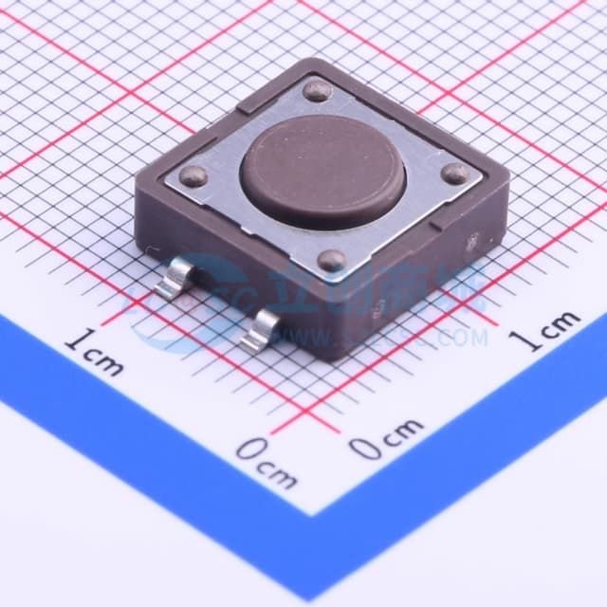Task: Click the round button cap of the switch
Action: (x=323, y=171)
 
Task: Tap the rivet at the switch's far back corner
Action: (x=318, y=91)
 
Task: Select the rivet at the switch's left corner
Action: (x=193, y=175)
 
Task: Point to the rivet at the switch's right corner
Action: (x=455, y=173)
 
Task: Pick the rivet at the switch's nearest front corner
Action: (x=329, y=260)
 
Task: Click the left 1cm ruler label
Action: (x=96, y=352)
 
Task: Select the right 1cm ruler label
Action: (x=544, y=331)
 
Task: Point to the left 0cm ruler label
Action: (x=266, y=461)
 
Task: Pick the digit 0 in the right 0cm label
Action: (x=364, y=447)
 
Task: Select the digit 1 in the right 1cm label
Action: (x=523, y=340)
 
